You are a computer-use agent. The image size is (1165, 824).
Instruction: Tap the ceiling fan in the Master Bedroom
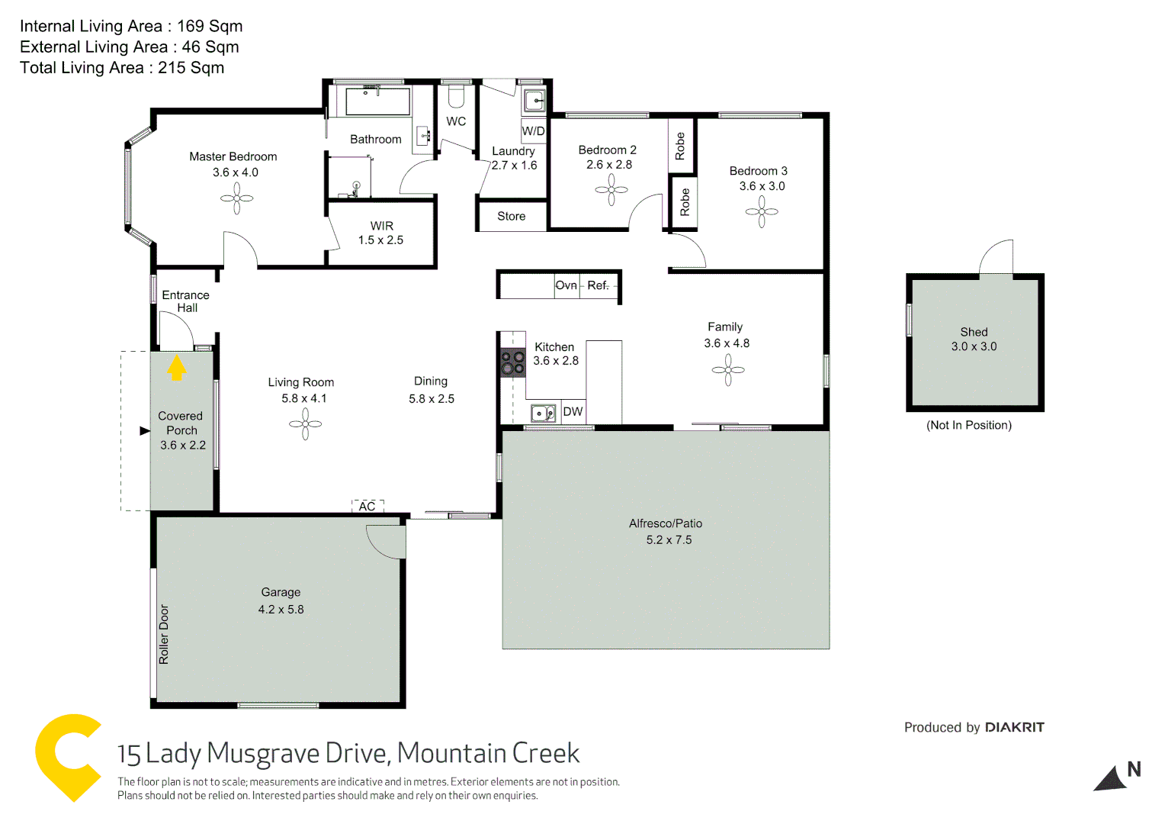tap(236, 199)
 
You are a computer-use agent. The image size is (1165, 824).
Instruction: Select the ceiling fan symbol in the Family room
tap(728, 370)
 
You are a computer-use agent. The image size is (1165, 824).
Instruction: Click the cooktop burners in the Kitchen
tap(512, 362)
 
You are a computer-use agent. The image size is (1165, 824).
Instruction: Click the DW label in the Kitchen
tap(573, 412)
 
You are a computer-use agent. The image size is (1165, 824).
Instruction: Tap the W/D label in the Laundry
tap(533, 130)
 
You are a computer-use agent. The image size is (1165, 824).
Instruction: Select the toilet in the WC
tap(456, 96)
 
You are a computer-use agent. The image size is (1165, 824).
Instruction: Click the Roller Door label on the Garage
tap(164, 634)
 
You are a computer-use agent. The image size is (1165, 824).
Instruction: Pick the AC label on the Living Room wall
tap(367, 507)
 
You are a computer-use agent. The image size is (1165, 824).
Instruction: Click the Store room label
tap(511, 217)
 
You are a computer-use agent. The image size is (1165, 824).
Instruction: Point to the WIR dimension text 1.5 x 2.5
tap(380, 240)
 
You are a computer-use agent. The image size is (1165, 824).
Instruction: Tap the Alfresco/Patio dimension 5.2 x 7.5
tap(669, 540)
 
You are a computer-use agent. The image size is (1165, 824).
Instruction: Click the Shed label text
tap(974, 332)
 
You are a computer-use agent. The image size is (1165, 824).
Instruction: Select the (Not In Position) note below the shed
tap(969, 426)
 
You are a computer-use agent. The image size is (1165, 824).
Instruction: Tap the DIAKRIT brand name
tap(1014, 727)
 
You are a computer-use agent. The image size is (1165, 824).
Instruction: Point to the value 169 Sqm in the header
tap(210, 26)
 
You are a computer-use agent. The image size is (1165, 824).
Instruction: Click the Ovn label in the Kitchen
tap(566, 285)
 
